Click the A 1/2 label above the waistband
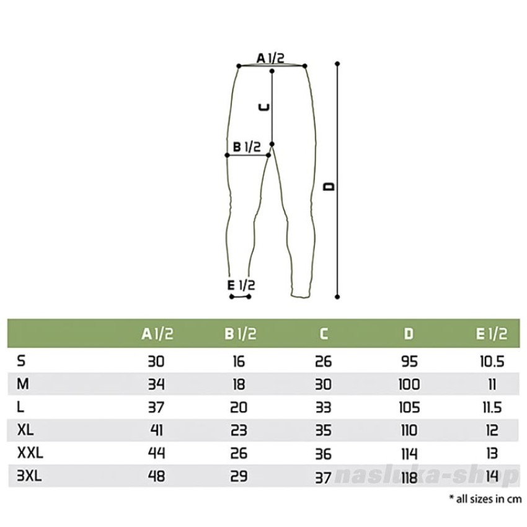[x=270, y=58]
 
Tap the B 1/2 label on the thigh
[x=247, y=147]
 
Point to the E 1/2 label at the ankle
[x=241, y=285]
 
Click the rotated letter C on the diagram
[x=264, y=107]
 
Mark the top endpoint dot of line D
[x=337, y=63]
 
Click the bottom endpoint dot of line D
[x=337, y=297]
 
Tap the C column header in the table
[x=323, y=334]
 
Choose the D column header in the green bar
[x=409, y=334]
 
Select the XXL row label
[x=30, y=453]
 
